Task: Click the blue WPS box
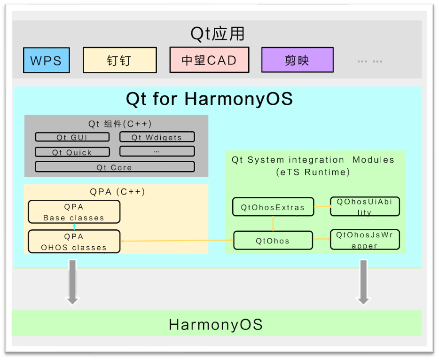click(46, 60)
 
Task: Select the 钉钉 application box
click(119, 60)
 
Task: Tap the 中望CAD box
click(209, 60)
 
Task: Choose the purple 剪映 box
click(297, 60)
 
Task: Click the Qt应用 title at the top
click(218, 34)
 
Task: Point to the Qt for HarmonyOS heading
click(209, 99)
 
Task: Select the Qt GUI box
click(72, 137)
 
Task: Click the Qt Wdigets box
click(157, 137)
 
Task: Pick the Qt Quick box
click(72, 152)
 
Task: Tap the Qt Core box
click(114, 167)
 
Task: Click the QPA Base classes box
click(74, 212)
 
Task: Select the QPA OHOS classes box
click(74, 242)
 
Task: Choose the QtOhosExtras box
click(273, 207)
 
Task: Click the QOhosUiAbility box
click(364, 207)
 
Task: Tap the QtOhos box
click(273, 241)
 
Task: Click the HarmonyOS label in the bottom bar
click(216, 324)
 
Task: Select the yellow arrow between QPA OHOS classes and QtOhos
click(177, 241)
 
